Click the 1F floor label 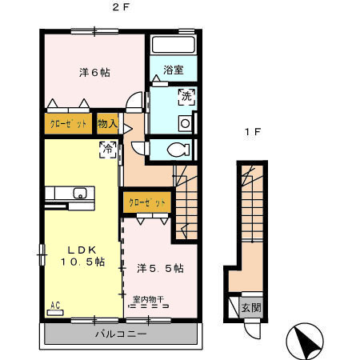coord(251,134)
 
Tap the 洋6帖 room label coord(94,72)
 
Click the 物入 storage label coord(107,124)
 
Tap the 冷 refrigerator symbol coord(106,148)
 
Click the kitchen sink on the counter coord(79,193)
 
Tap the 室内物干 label coord(148,300)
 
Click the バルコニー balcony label coord(120,333)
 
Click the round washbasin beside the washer coord(184,123)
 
